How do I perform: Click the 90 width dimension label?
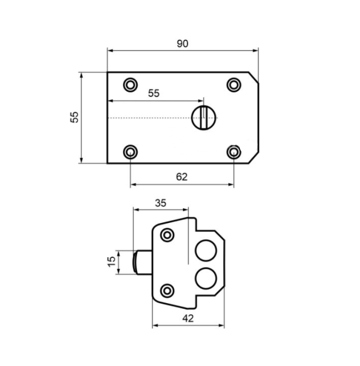[182, 44]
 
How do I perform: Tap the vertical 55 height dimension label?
[75, 117]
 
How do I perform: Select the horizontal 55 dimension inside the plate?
[154, 93]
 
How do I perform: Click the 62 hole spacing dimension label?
[181, 177]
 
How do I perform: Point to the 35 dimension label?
[161, 203]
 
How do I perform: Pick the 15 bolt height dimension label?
[111, 262]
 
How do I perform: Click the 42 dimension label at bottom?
[188, 318]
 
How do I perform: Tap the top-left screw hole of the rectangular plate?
[130, 85]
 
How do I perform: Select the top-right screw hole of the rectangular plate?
[234, 85]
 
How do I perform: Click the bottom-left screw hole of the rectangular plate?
[130, 152]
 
